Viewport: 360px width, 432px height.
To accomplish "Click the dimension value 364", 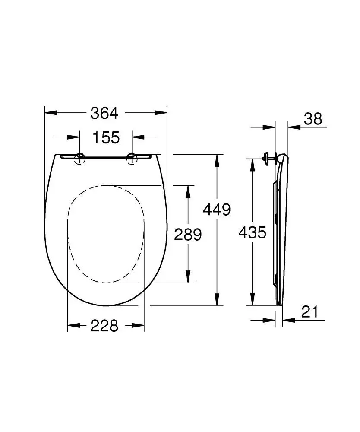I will (x=104, y=113).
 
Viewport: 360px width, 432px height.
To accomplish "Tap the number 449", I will (x=217, y=210).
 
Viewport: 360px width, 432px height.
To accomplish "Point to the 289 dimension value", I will (x=188, y=235).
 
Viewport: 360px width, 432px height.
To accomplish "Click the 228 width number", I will (x=104, y=326).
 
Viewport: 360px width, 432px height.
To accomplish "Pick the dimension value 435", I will (x=253, y=233).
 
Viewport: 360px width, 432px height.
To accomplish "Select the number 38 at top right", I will (x=313, y=119).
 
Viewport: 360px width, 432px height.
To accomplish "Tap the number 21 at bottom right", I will (x=309, y=311).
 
